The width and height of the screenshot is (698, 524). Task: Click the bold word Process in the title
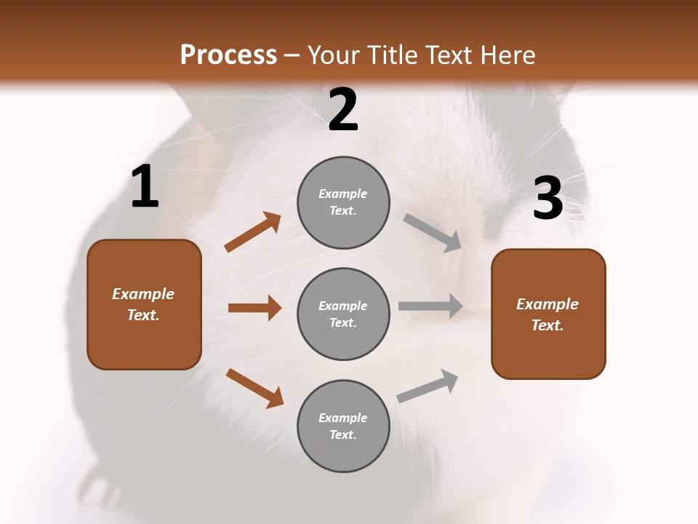[x=228, y=55]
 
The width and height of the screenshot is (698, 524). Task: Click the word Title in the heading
[x=390, y=55]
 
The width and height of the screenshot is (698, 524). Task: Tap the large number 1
[x=145, y=187]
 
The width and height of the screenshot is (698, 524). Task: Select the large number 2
[x=343, y=110]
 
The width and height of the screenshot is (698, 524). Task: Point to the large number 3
[x=547, y=198]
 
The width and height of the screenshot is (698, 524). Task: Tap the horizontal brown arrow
[x=254, y=308]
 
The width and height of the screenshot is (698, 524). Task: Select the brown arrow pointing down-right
[x=254, y=388]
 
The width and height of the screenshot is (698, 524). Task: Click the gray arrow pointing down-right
[x=433, y=233]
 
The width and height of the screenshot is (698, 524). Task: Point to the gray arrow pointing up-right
[x=428, y=386]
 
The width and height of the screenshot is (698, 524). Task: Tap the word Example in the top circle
[x=342, y=194]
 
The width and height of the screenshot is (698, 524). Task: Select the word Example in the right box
[x=547, y=304]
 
